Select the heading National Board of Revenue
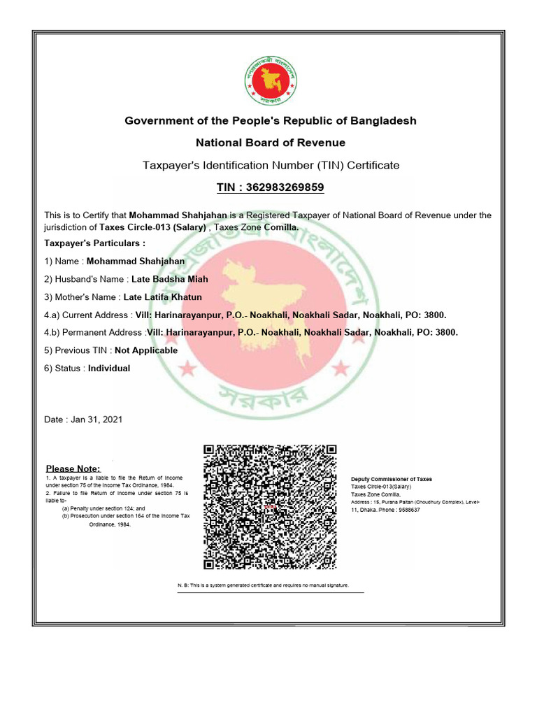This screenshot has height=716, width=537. pos(270,143)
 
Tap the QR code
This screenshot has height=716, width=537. pos(270,507)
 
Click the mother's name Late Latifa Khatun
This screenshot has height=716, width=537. pos(162,297)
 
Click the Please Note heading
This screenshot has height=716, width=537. pos(73,468)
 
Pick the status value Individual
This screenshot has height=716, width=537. pos(109,368)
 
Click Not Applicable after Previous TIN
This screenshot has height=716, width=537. pos(146,350)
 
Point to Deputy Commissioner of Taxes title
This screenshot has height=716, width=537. pos(391,479)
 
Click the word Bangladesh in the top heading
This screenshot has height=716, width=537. pos(382,120)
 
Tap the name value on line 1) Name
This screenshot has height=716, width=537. pos(135,261)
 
